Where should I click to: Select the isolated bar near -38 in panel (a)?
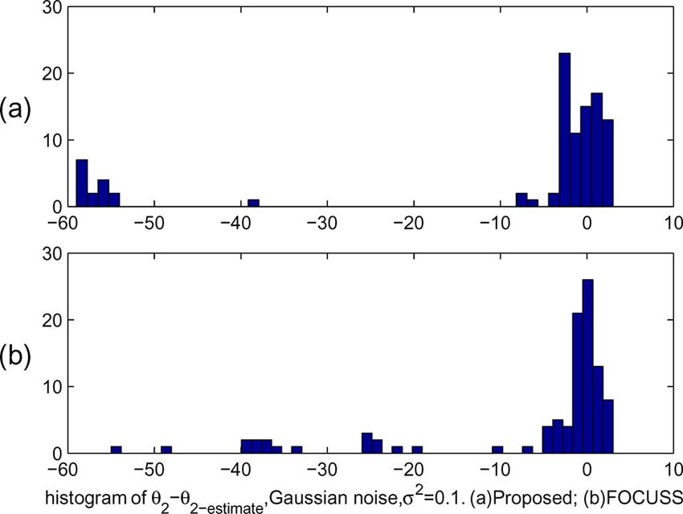click(253, 204)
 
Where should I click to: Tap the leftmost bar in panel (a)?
click(81, 183)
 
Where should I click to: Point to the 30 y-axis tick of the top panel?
click(42, 6)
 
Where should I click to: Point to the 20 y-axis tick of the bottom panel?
click(42, 320)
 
